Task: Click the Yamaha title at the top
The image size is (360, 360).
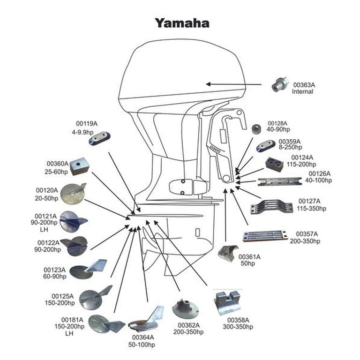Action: point(182,23)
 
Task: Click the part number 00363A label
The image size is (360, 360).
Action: point(304,85)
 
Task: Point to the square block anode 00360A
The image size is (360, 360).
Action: point(79,166)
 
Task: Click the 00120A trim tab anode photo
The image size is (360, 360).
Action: point(73,194)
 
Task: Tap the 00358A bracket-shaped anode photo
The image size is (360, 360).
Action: point(227,301)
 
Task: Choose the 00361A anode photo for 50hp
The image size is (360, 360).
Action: point(227,254)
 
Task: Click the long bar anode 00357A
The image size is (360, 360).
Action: point(265,236)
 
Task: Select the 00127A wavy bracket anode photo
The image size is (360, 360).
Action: point(272,207)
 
